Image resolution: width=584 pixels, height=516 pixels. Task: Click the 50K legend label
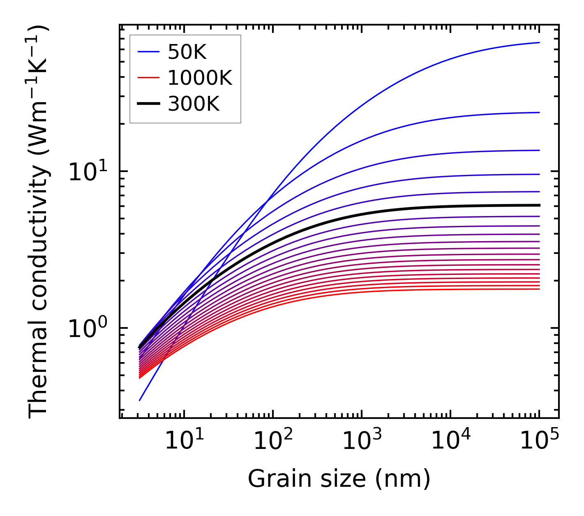click(187, 52)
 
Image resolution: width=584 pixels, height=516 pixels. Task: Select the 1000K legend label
click(200, 78)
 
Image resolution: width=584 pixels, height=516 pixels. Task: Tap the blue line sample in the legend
click(148, 52)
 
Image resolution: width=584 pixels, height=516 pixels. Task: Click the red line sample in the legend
click(148, 78)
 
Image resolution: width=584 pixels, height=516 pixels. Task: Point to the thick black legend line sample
click(148, 104)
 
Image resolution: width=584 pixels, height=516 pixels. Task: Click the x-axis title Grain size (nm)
click(339, 479)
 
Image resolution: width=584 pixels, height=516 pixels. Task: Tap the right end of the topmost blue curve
click(539, 42)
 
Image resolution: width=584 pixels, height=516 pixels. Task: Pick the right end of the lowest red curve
click(539, 289)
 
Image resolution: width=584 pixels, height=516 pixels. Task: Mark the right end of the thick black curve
click(539, 205)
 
